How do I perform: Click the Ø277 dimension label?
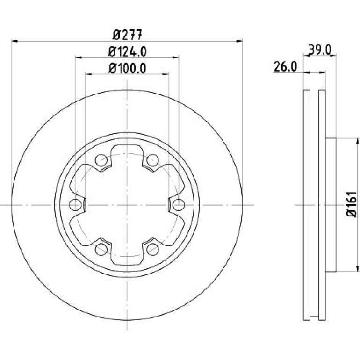tap(128, 35)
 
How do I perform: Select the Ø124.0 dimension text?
tap(127, 52)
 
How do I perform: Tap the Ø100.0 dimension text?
tap(127, 68)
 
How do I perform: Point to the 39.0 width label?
tap(319, 50)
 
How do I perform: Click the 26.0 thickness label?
tap(285, 67)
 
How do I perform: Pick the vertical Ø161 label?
tap(352, 204)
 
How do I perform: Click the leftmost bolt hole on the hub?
tap(75, 205)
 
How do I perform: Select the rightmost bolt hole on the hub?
tap(179, 205)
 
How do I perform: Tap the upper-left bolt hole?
tap(101, 160)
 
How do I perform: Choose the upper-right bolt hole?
tap(153, 160)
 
